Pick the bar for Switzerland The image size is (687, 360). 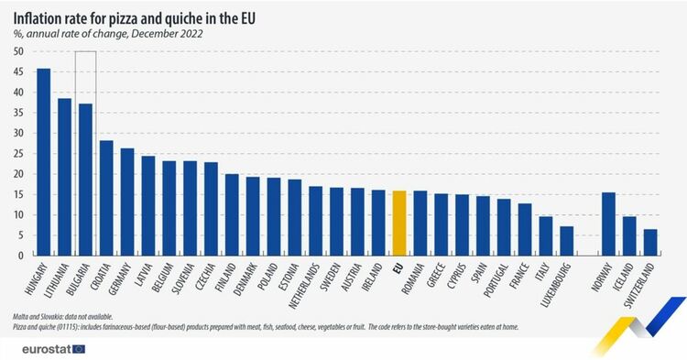coord(650,243)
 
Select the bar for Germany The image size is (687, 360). coord(127,202)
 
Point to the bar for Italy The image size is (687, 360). coord(546,236)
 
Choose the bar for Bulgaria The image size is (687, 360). coord(85,180)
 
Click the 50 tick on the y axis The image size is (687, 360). coord(18,51)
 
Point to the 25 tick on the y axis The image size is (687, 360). coord(18,154)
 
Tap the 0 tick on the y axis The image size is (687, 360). coord(21,256)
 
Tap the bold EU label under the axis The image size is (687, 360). coord(397,267)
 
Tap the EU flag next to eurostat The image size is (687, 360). coord(80,349)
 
